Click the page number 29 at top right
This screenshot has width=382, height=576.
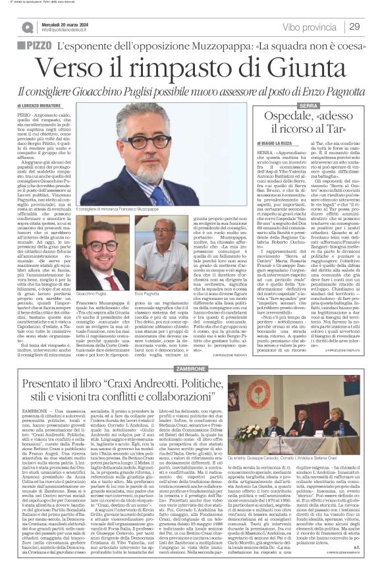354,26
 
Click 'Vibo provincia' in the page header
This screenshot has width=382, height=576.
304,26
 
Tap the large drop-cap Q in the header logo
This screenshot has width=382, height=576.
27,26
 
